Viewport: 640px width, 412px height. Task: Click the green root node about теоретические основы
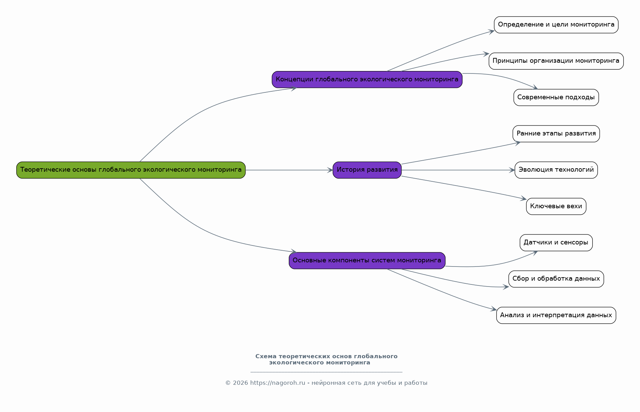(x=131, y=170)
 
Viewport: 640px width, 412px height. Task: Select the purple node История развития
(x=367, y=170)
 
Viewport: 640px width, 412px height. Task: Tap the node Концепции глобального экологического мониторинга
(x=367, y=80)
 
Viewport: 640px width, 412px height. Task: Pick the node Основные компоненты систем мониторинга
(x=367, y=261)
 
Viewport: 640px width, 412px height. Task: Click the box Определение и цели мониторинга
(x=556, y=25)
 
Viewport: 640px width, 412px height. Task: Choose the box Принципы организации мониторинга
(x=556, y=61)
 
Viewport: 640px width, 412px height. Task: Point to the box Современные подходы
(x=556, y=98)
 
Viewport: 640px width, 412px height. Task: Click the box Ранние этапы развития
(x=556, y=134)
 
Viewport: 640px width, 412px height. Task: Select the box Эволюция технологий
(x=556, y=170)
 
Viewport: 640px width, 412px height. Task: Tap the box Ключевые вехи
(x=556, y=207)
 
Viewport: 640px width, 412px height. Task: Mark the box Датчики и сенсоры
(x=556, y=243)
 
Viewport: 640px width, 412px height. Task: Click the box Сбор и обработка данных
(x=556, y=279)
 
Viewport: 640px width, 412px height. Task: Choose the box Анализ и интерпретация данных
(x=556, y=315)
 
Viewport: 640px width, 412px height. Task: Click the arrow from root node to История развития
(x=289, y=170)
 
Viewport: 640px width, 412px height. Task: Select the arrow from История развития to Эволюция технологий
(x=458, y=170)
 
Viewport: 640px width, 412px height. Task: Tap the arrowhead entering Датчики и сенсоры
(x=535, y=252)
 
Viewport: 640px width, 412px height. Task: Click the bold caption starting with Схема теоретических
(x=326, y=360)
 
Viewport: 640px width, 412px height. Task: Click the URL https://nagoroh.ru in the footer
(x=278, y=383)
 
